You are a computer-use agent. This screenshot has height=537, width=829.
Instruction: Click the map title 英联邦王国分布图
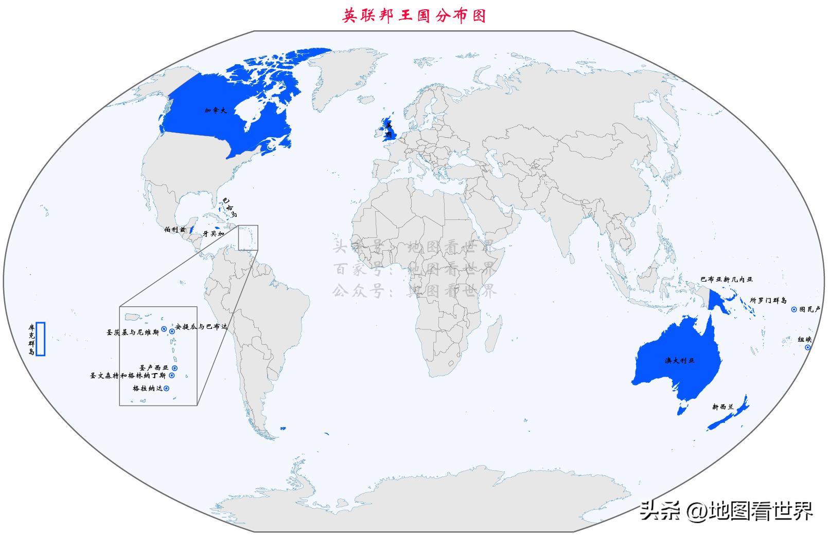(x=414, y=16)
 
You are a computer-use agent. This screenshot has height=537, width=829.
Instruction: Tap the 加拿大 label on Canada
(x=215, y=110)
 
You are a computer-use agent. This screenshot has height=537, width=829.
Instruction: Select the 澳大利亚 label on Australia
(x=679, y=361)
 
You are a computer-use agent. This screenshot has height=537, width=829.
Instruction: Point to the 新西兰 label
(x=722, y=407)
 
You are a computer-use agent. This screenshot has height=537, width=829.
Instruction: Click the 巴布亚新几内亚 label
(x=726, y=280)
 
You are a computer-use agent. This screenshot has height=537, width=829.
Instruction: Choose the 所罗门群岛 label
(x=768, y=300)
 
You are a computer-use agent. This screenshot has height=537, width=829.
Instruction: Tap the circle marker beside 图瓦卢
(x=794, y=310)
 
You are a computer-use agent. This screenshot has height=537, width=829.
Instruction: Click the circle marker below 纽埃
(x=807, y=347)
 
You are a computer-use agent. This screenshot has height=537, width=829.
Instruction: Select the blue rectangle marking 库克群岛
(x=41, y=339)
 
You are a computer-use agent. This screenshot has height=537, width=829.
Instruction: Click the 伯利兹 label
(x=175, y=230)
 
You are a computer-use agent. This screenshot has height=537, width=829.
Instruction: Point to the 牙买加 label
(x=213, y=234)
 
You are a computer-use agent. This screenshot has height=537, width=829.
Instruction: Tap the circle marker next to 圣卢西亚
(x=174, y=368)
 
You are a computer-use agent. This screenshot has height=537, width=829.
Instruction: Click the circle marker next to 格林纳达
(x=166, y=388)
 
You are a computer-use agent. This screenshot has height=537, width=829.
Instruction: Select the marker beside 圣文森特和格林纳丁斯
(x=172, y=376)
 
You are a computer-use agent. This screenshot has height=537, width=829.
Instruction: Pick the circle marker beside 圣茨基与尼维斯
(x=164, y=328)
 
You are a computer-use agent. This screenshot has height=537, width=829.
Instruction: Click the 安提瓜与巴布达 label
(x=201, y=327)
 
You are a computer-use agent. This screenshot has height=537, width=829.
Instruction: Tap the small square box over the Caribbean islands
(x=248, y=237)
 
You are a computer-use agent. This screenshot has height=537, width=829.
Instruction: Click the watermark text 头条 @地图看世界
(x=726, y=511)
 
